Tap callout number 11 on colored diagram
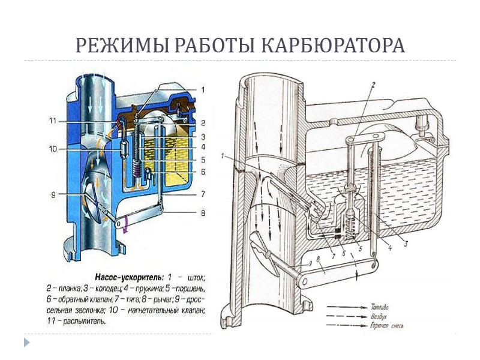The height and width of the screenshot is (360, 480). [x=53, y=121]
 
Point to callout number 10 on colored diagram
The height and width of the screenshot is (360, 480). [x=53, y=148]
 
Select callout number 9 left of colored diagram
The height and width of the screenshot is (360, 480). [x=53, y=193]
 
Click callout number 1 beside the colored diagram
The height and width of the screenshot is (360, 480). [x=203, y=90]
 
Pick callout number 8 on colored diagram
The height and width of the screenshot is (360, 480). [x=203, y=212]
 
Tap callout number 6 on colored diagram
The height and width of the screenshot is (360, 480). [x=203, y=172]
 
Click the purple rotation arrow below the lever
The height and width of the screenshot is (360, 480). [x=125, y=226]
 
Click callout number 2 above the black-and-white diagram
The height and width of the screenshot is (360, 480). [x=373, y=85]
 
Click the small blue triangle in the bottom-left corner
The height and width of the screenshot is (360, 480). [x=26, y=342]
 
